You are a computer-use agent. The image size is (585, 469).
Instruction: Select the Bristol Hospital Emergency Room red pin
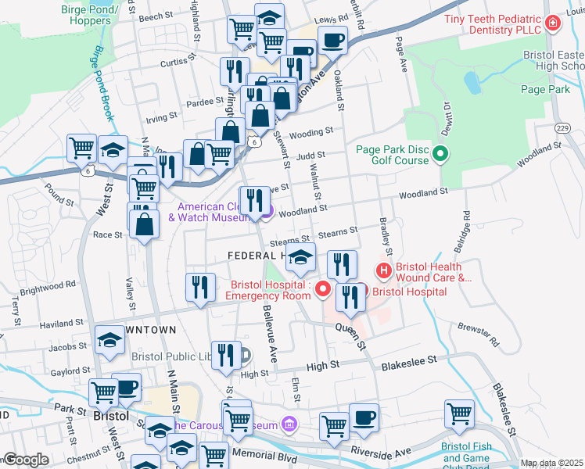324,290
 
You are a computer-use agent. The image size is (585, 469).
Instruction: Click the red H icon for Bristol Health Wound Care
383,271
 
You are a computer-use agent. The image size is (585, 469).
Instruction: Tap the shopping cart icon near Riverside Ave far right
459,414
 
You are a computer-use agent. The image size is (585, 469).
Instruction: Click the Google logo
26,460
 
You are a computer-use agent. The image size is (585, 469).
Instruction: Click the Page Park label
544,90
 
